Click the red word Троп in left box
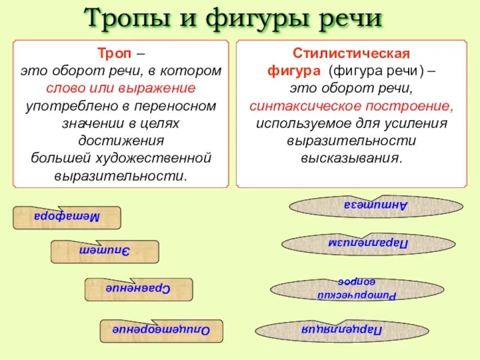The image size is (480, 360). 112,53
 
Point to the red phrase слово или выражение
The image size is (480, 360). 121,88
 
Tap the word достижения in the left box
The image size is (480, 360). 121,141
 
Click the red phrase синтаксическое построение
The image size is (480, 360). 351,106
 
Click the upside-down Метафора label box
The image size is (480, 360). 67,217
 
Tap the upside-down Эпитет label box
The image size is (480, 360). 104,251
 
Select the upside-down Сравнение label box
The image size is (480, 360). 139,289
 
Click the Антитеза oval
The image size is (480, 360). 376,205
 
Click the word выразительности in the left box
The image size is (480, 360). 121,176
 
